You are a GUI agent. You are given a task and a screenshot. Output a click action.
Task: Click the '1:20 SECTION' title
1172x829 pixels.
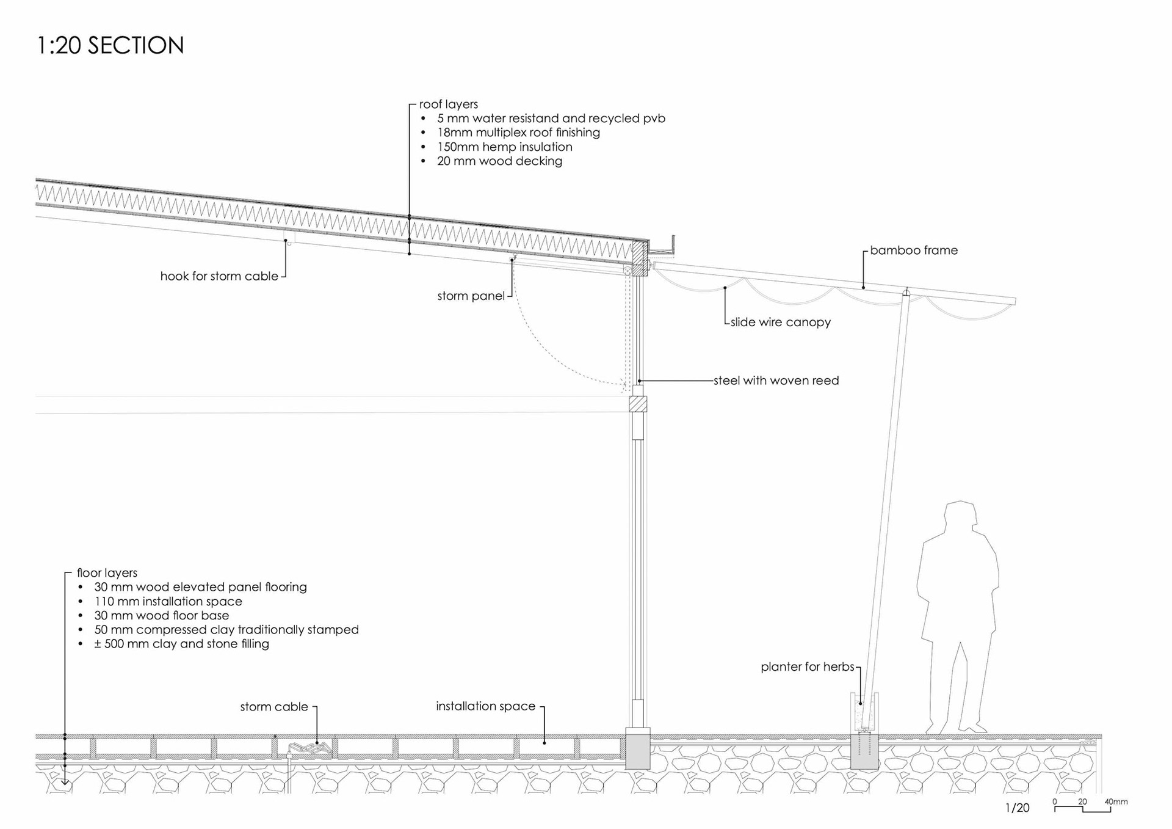[110, 46]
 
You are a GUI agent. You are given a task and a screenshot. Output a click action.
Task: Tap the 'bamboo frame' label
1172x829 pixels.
[913, 250]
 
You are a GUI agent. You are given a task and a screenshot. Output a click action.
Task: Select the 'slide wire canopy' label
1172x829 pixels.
[780, 323]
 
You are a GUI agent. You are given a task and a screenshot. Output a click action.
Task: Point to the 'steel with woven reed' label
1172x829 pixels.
[776, 381]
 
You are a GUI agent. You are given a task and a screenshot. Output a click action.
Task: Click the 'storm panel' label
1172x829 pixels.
[471, 296]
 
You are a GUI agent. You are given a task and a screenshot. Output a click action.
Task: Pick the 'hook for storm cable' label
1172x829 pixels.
[219, 276]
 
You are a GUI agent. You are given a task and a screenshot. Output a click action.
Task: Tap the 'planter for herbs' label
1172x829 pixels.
[807, 667]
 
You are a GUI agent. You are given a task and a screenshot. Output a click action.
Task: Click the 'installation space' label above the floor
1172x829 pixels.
[485, 706]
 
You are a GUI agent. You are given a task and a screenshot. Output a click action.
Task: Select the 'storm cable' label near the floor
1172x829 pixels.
[273, 707]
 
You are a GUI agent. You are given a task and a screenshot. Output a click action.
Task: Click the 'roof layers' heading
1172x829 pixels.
[448, 104]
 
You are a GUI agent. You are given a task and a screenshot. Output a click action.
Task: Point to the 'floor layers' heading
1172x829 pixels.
[107, 573]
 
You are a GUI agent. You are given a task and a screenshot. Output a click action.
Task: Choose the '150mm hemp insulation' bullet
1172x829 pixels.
[504, 147]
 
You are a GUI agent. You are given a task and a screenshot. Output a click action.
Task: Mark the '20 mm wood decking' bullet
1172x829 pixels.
[499, 161]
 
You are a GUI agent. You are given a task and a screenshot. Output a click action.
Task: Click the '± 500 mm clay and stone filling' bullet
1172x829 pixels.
[181, 644]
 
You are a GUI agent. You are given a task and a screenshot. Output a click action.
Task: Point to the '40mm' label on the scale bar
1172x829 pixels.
[1116, 802]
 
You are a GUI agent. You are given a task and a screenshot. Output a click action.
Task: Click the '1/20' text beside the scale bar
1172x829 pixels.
[1017, 808]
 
